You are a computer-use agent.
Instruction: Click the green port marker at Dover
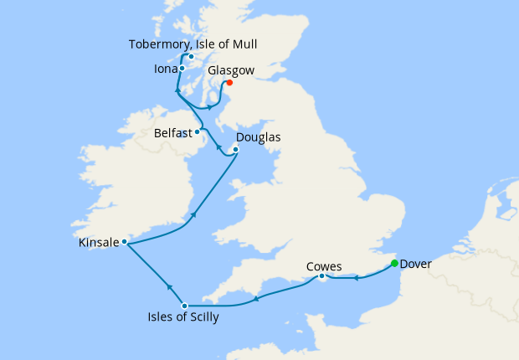[x=394, y=264]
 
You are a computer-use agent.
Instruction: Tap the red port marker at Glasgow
[x=229, y=82]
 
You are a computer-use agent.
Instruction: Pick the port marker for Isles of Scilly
[x=184, y=306]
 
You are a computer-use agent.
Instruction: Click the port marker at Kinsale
[x=124, y=242]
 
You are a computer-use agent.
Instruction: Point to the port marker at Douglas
[x=235, y=150]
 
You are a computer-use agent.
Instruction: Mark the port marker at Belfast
[x=197, y=131]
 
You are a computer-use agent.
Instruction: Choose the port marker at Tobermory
[x=191, y=57]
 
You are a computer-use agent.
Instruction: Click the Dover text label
[x=416, y=264]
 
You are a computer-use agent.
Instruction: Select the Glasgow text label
[x=230, y=71]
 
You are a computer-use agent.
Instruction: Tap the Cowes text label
[x=324, y=266]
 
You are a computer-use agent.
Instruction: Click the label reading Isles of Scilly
[x=186, y=318]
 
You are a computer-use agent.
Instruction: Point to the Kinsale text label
[x=99, y=242]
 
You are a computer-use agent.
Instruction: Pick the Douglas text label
[x=258, y=137]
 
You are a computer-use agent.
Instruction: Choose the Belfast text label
[x=173, y=132]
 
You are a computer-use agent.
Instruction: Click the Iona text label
[x=166, y=69]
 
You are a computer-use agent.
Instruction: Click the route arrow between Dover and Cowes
[x=355, y=277]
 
